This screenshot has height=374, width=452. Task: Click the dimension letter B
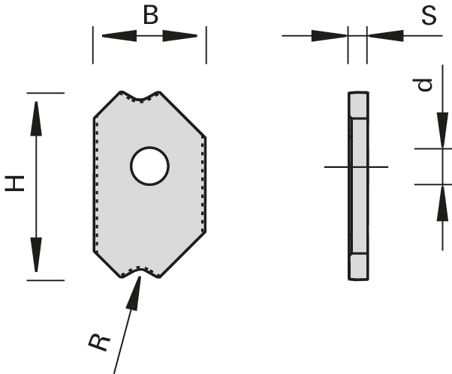(x=150, y=16)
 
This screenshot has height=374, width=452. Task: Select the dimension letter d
(x=426, y=85)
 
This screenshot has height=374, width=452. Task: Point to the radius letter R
(x=98, y=342)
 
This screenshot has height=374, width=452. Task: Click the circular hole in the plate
(x=149, y=166)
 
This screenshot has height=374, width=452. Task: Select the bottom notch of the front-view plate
(x=142, y=274)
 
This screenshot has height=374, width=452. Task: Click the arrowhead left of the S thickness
(x=330, y=35)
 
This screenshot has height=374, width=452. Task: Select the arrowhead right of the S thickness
(x=383, y=35)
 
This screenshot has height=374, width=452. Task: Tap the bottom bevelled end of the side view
(x=358, y=266)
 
